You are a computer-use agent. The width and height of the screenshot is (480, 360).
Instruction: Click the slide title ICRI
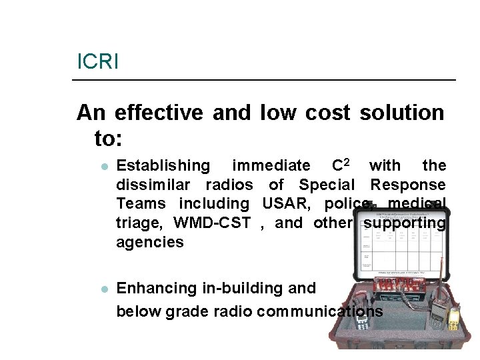pyautogui.click(x=97, y=62)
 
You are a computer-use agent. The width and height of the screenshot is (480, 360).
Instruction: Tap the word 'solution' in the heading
pyautogui.click(x=401, y=113)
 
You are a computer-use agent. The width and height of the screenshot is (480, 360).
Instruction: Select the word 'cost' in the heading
pyautogui.click(x=327, y=113)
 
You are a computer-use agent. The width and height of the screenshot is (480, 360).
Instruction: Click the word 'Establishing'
pyautogui.click(x=163, y=165)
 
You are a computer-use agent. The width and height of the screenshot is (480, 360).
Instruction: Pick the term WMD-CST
pyautogui.click(x=211, y=223)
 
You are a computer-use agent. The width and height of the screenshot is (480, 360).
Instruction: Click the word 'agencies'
pyautogui.click(x=149, y=242)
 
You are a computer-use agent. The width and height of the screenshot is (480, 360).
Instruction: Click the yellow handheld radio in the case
pyautogui.click(x=453, y=319)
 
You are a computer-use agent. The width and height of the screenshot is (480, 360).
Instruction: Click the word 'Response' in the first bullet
pyautogui.click(x=408, y=185)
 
